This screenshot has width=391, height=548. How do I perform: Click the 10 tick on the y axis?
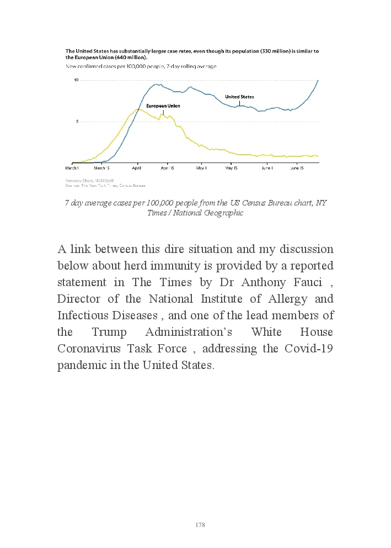click(77, 80)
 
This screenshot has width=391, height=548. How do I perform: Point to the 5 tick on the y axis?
click(78, 121)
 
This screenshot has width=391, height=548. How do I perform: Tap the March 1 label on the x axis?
click(72, 167)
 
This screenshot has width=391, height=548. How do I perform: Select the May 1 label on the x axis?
click(202, 167)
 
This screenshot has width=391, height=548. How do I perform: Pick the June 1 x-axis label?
click(267, 167)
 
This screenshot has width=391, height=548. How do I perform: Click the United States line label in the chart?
click(239, 97)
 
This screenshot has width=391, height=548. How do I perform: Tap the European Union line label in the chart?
click(163, 106)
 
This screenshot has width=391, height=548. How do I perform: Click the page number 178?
click(200, 525)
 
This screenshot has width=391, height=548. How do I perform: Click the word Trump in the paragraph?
click(109, 333)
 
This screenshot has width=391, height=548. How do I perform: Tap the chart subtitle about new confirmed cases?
click(141, 66)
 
